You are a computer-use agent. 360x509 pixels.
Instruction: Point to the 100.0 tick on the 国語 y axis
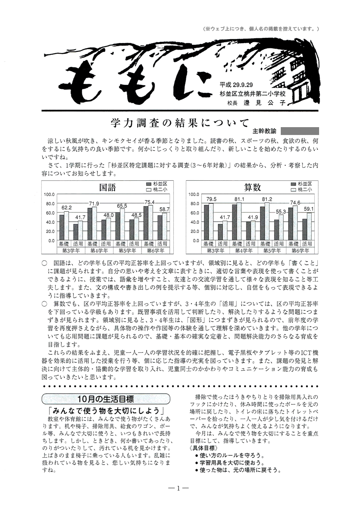pos(49,195)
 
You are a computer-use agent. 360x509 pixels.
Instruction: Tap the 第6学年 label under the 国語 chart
pos(156,251)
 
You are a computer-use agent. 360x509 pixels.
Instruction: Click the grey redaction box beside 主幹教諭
pos(299,130)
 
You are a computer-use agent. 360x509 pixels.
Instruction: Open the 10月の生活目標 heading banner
pos(105,398)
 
